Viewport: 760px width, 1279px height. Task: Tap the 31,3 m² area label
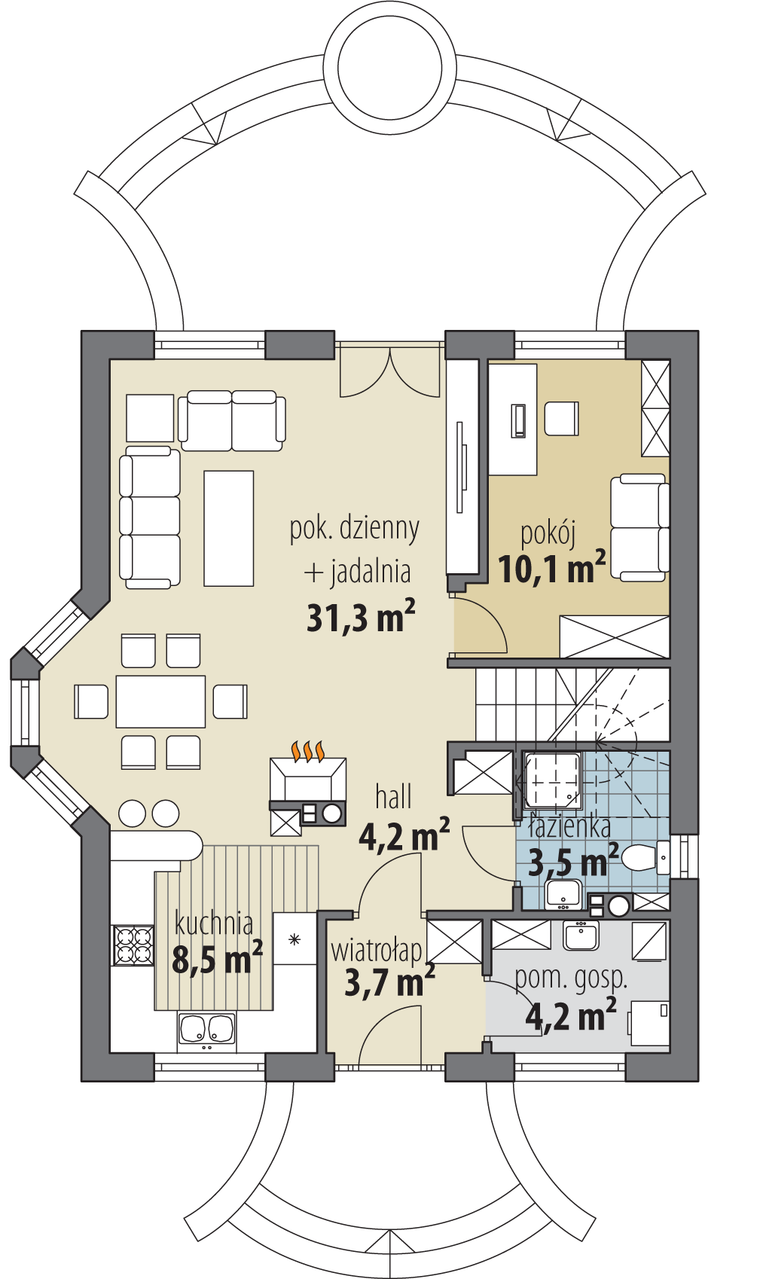[x=360, y=618]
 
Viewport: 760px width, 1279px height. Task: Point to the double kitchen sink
[x=206, y=1030]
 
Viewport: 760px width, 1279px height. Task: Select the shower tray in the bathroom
[x=552, y=779]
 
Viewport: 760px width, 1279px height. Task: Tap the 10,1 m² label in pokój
[x=551, y=568]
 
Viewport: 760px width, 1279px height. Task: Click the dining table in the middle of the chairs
[x=160, y=701]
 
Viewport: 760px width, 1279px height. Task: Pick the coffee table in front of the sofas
[x=228, y=528]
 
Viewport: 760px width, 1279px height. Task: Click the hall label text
[x=393, y=797]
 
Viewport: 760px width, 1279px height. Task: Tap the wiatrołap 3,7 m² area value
[x=389, y=982]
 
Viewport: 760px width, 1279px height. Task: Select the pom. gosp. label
[x=570, y=978]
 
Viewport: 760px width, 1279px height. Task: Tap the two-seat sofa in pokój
[x=639, y=527]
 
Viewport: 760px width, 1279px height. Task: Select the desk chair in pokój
[x=561, y=419]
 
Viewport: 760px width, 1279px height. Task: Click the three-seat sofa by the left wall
[x=150, y=517]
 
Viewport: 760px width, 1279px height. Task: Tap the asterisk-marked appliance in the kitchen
[x=294, y=939]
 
